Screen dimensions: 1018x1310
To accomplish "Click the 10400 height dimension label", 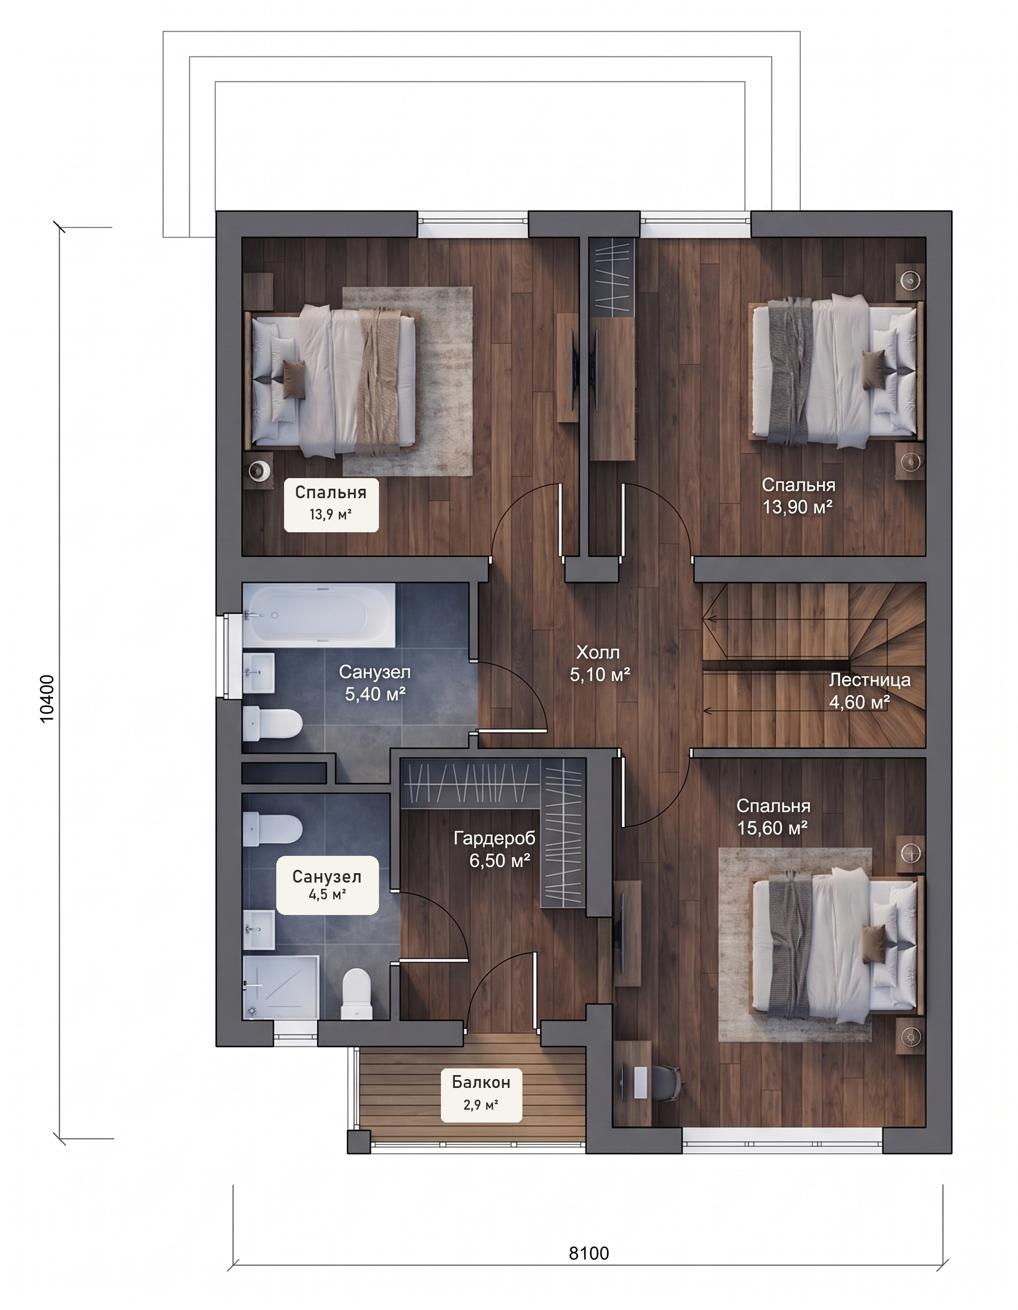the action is pos(47,699).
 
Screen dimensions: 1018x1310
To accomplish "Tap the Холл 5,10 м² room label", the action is pos(599,663).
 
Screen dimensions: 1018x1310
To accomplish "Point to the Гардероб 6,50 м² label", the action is pos(494,849).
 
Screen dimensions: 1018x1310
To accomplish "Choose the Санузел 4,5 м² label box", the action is pos(327,885).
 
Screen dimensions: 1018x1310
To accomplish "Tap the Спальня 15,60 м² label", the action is pos(772,816).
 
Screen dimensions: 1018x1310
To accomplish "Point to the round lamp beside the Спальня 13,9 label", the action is pos(260,470).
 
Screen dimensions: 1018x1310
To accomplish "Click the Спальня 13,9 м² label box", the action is pos(331,504).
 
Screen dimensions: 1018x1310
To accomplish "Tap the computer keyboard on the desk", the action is pos(641,1083).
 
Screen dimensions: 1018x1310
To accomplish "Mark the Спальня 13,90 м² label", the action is pos(798,495).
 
